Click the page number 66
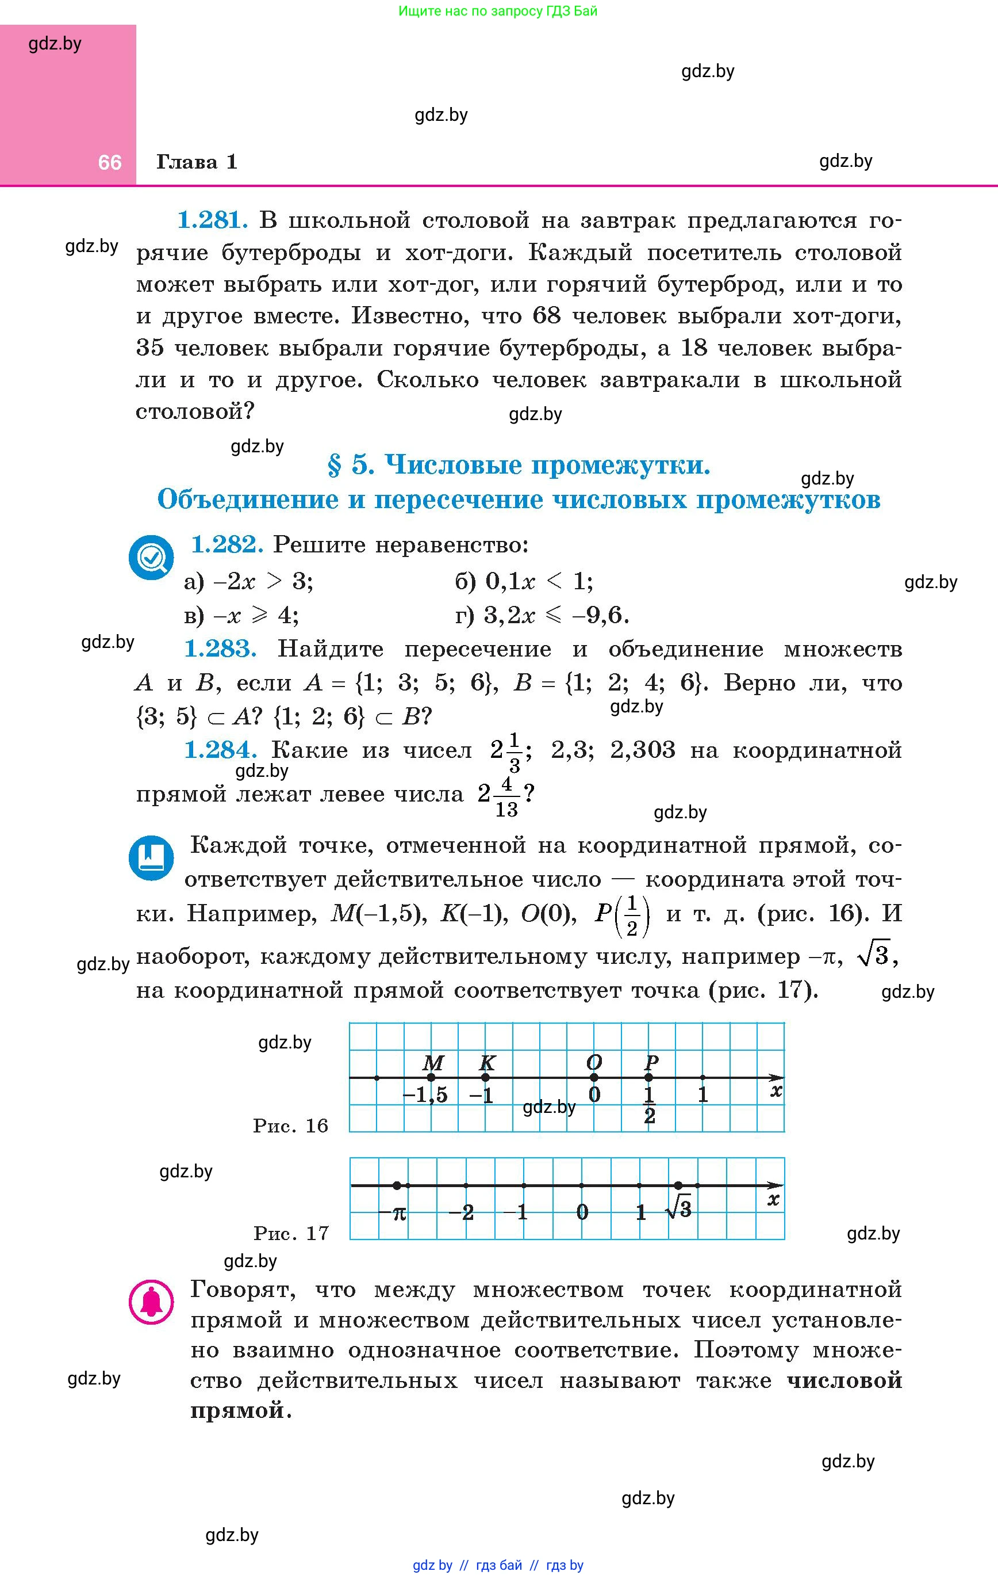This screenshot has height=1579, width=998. pyautogui.click(x=109, y=162)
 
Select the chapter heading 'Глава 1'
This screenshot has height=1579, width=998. pyautogui.click(x=197, y=162)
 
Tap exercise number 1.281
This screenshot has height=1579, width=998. pyautogui.click(x=212, y=220)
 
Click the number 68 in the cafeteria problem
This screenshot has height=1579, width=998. pyautogui.click(x=547, y=316)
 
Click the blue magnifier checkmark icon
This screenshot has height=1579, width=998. pyautogui.click(x=151, y=558)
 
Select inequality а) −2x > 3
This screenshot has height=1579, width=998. pyautogui.click(x=248, y=582)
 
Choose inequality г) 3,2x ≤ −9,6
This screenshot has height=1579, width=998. pyautogui.click(x=542, y=615)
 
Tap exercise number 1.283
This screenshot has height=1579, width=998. pyautogui.click(x=220, y=649)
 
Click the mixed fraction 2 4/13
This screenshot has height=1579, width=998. pyautogui.click(x=498, y=795)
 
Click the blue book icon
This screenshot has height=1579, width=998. pyautogui.click(x=151, y=857)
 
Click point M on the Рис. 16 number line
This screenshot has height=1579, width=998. pyautogui.click(x=431, y=1077)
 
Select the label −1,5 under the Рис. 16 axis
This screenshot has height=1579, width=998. pyautogui.click(x=425, y=1095)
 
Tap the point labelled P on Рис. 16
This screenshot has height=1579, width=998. pyautogui.click(x=648, y=1077)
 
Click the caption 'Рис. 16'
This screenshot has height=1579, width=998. pyautogui.click(x=290, y=1126)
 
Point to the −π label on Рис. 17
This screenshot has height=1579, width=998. pyautogui.click(x=393, y=1212)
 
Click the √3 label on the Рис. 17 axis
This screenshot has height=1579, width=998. pyautogui.click(x=678, y=1209)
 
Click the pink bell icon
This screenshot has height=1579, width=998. pyautogui.click(x=151, y=1302)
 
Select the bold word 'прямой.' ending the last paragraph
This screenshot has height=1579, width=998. pyautogui.click(x=240, y=1410)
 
